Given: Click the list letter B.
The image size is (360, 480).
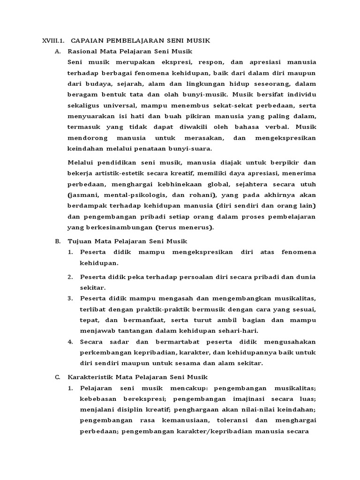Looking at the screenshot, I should point(58,241).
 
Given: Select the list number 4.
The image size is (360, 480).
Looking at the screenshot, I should point(70,341).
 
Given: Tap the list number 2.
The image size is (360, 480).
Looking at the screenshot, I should point(70,277).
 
